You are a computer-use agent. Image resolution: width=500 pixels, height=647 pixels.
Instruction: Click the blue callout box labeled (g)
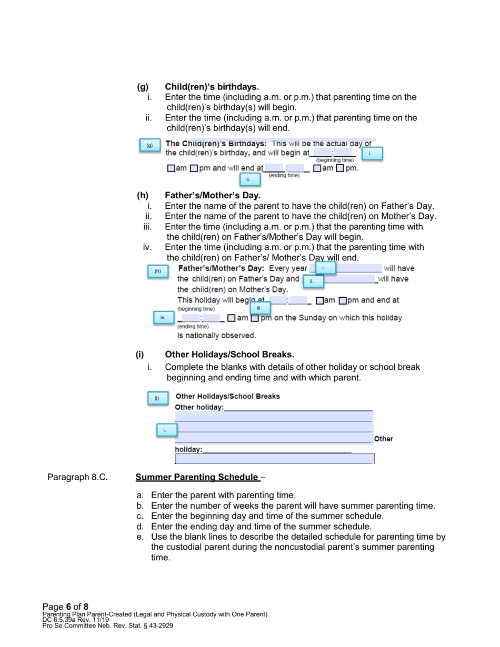149,145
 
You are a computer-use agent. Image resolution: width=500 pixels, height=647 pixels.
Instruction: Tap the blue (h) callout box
157,271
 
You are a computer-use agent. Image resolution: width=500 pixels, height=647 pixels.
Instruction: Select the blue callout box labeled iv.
163,317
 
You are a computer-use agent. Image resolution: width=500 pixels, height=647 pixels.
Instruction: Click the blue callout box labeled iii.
259,307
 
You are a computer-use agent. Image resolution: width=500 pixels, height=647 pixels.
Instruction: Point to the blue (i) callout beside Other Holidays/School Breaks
156,398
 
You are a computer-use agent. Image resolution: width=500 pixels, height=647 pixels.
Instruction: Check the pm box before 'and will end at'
194,168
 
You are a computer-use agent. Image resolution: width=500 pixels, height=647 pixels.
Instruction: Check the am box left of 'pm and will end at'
171,168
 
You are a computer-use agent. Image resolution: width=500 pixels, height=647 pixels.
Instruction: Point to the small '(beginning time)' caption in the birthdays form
335,160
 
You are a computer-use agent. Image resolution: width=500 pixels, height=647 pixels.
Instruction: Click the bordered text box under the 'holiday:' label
274,459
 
